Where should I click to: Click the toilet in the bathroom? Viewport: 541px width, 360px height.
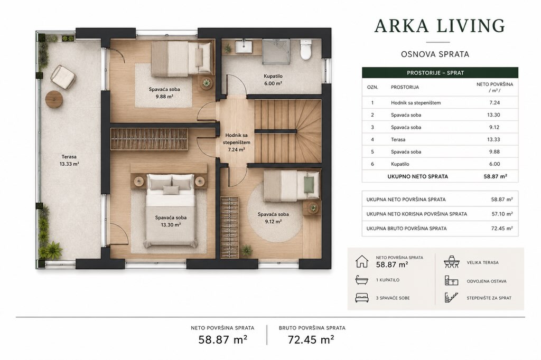[306, 50]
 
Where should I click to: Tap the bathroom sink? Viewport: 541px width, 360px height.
[244, 46]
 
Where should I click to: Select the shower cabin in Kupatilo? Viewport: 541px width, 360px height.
[276, 51]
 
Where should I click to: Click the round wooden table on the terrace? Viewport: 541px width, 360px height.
[54, 99]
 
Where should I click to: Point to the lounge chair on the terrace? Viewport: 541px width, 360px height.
[63, 77]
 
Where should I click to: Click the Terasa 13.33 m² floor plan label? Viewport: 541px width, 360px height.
[69, 160]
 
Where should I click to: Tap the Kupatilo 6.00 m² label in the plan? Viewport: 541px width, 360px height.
[273, 80]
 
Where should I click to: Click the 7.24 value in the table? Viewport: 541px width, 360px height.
[495, 102]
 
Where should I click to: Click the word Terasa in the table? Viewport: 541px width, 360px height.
[398, 139]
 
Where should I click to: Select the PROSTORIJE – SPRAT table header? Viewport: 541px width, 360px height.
[435, 73]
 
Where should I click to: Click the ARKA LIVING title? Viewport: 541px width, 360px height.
[440, 26]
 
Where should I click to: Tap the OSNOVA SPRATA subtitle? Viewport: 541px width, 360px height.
[435, 54]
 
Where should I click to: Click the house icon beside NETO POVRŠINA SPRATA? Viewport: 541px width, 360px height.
[361, 261]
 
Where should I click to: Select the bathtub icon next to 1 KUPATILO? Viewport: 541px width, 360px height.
[361, 280]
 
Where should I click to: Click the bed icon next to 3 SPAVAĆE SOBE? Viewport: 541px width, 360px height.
[361, 298]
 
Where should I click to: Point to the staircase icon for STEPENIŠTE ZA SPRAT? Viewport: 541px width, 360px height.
[451, 298]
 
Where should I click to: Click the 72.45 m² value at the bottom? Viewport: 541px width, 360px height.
[311, 339]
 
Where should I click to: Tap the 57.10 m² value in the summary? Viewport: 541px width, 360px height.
[502, 214]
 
